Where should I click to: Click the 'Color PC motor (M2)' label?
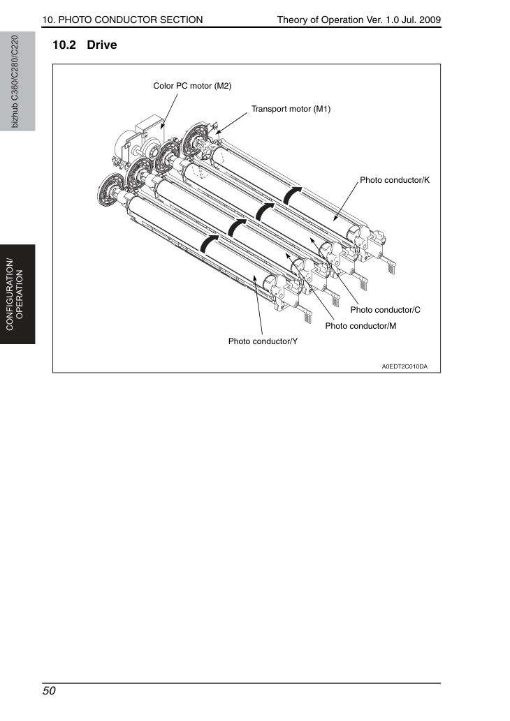(192, 86)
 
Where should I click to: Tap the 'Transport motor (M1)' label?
(291, 109)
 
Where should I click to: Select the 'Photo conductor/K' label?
(395, 180)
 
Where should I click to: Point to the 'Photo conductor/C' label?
(385, 310)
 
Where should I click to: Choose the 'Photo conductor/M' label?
(361, 326)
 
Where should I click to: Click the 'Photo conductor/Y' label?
(263, 341)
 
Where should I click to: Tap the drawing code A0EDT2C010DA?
(405, 366)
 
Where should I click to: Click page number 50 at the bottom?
(49, 691)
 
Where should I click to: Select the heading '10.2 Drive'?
(85, 45)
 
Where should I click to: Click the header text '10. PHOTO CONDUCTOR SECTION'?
(122, 20)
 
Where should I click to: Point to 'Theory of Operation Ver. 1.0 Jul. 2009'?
(359, 20)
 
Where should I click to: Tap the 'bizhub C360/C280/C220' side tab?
(15, 82)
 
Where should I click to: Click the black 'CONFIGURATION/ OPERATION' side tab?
(15, 295)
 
